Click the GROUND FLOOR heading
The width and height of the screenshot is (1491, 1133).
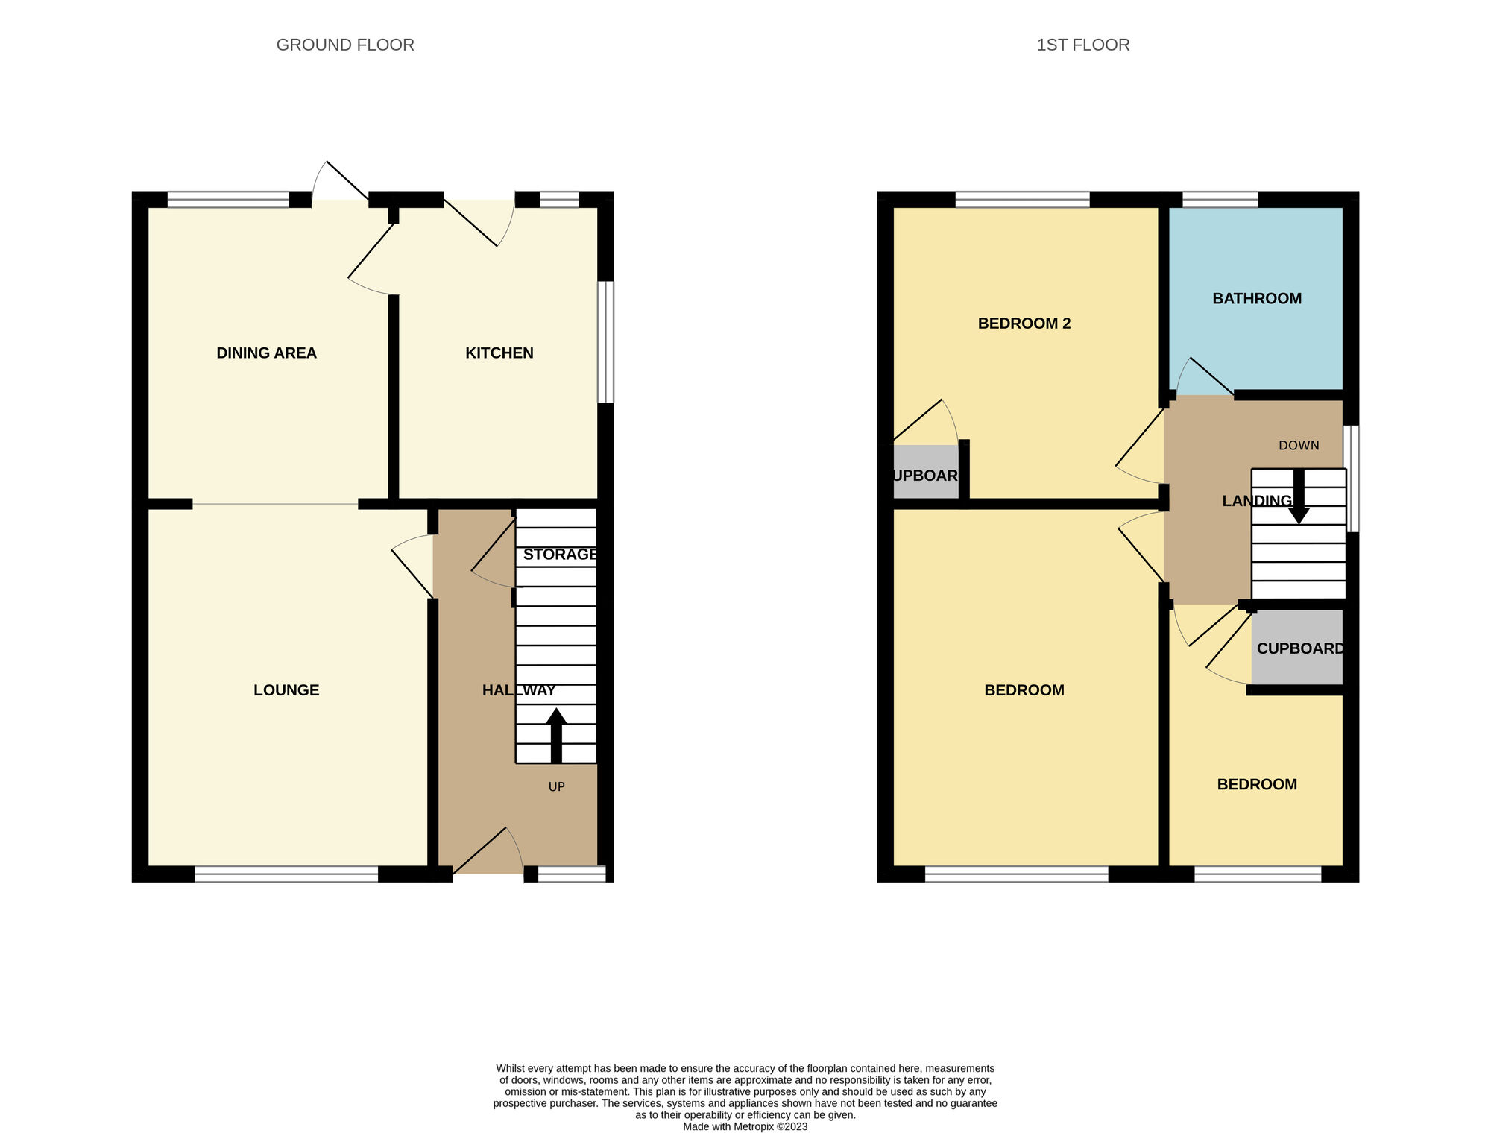pyautogui.click(x=345, y=45)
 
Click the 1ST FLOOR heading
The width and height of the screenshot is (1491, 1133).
pyautogui.click(x=1082, y=45)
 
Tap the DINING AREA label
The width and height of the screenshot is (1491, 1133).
pyautogui.click(x=266, y=353)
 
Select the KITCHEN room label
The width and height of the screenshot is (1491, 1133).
pyautogui.click(x=499, y=353)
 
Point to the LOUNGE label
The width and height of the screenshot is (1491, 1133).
pyautogui.click(x=286, y=690)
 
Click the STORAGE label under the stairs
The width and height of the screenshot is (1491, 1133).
pyautogui.click(x=560, y=555)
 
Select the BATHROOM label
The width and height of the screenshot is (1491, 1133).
pyautogui.click(x=1256, y=299)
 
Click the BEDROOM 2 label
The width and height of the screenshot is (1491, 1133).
pyautogui.click(x=1024, y=324)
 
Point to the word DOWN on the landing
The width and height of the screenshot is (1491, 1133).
pyautogui.click(x=1298, y=446)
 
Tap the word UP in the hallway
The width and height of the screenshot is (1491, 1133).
pyautogui.click(x=556, y=787)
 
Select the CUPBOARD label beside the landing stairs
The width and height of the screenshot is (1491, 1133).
pyautogui.click(x=1299, y=648)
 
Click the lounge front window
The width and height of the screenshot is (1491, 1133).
pyautogui.click(x=286, y=874)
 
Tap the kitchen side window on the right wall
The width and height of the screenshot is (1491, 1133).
pyautogui.click(x=606, y=341)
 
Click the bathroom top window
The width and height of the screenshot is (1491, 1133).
pyautogui.click(x=1220, y=199)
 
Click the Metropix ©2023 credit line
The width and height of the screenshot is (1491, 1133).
pyautogui.click(x=745, y=1126)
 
